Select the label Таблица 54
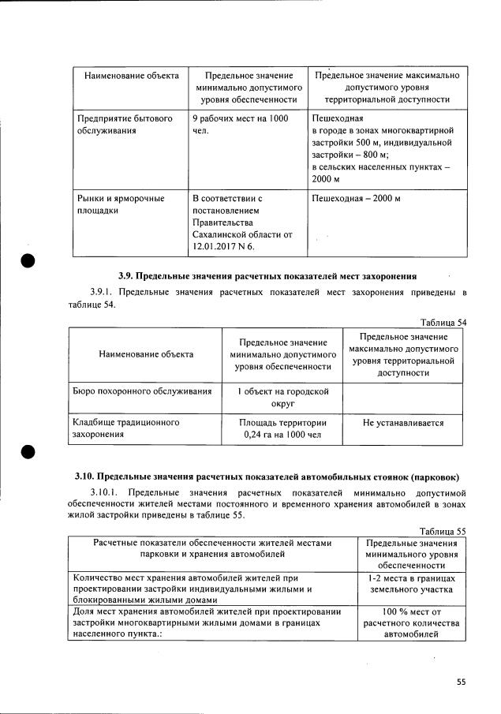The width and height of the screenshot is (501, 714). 444,321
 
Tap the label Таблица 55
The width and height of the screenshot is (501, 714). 444,531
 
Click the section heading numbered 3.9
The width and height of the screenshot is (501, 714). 267,276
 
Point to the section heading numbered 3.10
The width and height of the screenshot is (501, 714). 267,477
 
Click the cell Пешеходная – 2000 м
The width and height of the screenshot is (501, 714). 357,198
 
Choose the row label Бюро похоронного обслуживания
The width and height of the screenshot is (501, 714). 142,391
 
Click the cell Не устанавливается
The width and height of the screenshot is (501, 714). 403,423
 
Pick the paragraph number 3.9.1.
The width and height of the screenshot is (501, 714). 103,293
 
